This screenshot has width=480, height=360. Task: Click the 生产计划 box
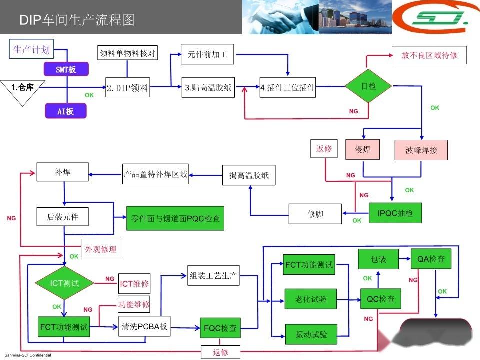(x=31, y=49)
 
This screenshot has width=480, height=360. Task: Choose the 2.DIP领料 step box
(x=128, y=88)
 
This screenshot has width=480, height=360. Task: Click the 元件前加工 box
(x=207, y=55)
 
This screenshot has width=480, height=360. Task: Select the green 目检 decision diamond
(x=369, y=86)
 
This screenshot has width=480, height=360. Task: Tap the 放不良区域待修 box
(x=429, y=55)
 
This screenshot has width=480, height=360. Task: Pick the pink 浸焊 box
(x=362, y=149)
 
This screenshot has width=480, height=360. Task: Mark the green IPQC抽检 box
(x=395, y=213)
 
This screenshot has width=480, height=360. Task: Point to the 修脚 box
(x=315, y=214)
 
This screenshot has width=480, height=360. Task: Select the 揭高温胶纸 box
(x=249, y=175)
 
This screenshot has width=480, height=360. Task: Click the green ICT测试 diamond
(x=64, y=283)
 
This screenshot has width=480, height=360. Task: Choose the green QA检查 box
(x=431, y=259)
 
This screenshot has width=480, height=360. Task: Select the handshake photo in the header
(x=281, y=17)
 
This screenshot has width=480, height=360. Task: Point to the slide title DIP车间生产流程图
(x=77, y=20)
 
